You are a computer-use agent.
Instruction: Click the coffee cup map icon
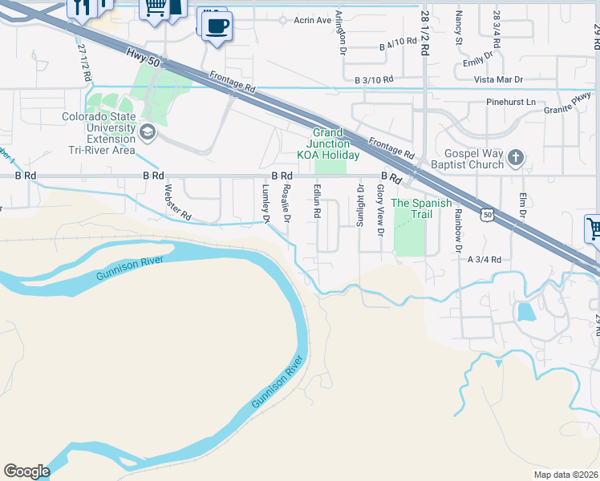click(x=216, y=26)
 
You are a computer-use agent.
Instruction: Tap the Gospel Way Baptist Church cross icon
click(x=516, y=158)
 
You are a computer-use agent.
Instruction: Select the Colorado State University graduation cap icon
click(x=147, y=131)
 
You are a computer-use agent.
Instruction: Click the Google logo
click(x=26, y=471)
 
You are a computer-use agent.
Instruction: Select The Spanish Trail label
click(x=411, y=208)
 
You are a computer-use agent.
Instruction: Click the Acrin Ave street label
click(x=312, y=20)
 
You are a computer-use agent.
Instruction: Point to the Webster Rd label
click(x=177, y=204)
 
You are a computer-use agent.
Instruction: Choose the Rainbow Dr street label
click(x=459, y=225)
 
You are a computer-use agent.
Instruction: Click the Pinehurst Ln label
click(x=510, y=102)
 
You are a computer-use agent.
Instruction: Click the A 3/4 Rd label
click(x=484, y=260)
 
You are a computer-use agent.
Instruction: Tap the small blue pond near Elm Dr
click(x=525, y=311)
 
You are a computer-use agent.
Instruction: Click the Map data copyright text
click(x=565, y=474)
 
